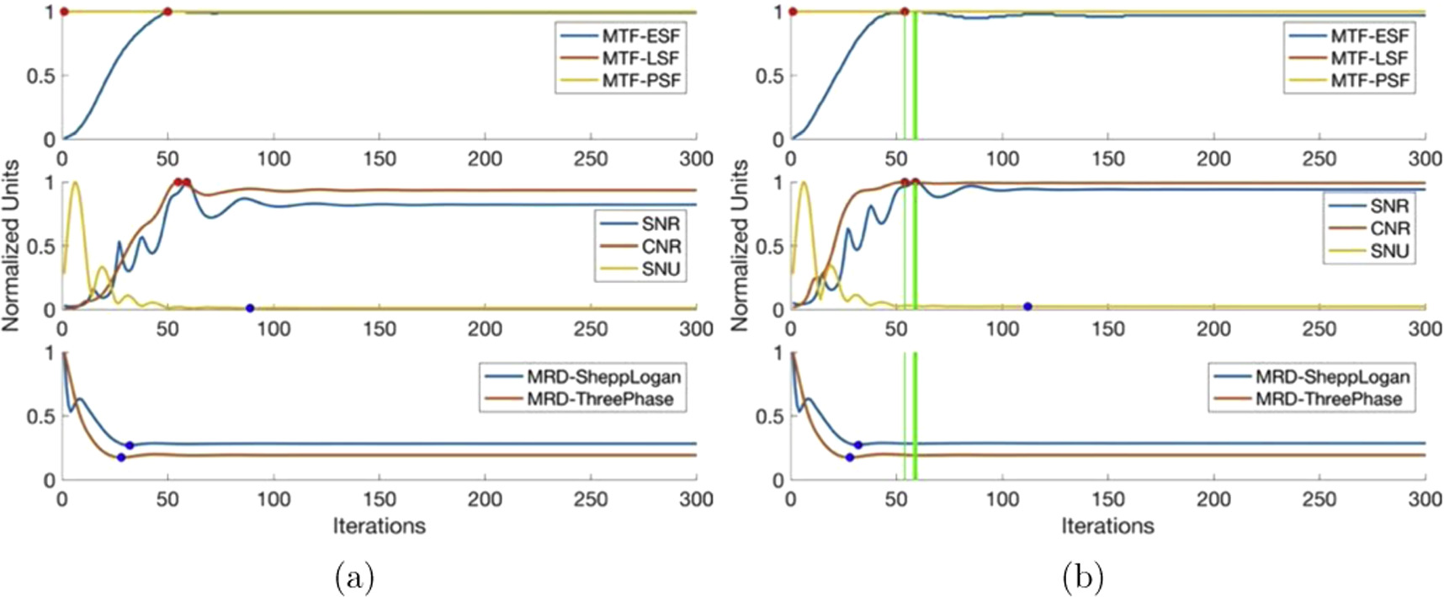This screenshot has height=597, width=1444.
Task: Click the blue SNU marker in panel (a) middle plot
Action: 250,308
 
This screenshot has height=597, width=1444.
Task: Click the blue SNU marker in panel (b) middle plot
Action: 1027,306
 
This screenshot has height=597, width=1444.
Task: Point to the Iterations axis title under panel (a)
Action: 379,526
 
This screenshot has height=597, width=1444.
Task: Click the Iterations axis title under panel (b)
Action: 1107,526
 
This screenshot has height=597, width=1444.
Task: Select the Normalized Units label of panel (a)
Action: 11,245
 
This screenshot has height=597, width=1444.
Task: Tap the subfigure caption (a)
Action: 354,578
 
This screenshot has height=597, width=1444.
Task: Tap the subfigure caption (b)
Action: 1082,578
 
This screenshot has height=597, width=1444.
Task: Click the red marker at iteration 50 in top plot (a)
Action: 167,12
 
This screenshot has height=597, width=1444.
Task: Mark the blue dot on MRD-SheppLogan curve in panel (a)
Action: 129,445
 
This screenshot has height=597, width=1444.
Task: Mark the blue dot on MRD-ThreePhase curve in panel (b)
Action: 849,457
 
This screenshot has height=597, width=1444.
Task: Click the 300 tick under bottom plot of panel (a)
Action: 696,498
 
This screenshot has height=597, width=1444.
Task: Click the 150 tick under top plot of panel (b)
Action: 1107,158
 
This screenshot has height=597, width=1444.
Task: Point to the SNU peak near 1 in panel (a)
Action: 75,183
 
